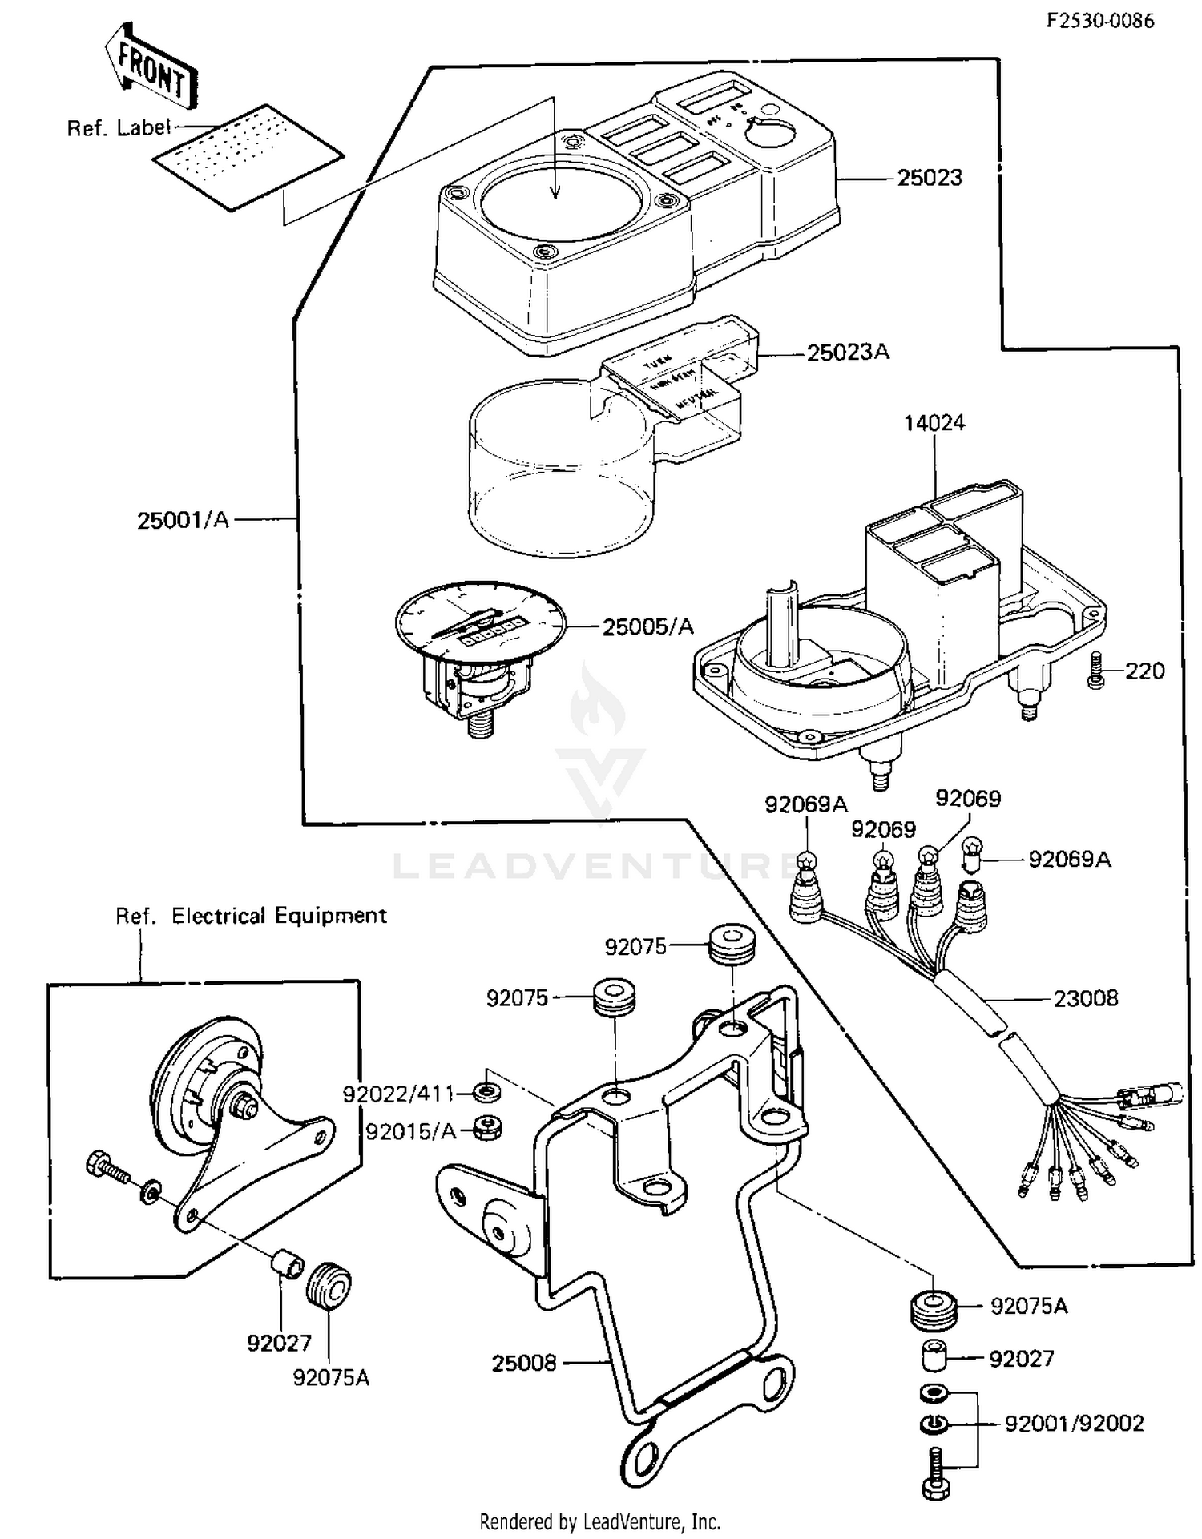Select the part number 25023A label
(847, 353)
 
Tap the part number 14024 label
(934, 423)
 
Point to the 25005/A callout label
(647, 626)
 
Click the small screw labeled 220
(1095, 671)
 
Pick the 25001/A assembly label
(184, 520)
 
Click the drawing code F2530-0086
(1100, 21)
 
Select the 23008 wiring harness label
(1085, 998)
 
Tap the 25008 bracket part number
(524, 1362)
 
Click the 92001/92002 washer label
(1074, 1424)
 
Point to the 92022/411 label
(398, 1094)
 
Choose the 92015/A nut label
(410, 1131)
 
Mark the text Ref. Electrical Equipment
(251, 916)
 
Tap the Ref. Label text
(119, 127)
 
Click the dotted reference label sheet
(248, 158)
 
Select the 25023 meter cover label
(930, 178)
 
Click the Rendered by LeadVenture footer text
(599, 1521)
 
